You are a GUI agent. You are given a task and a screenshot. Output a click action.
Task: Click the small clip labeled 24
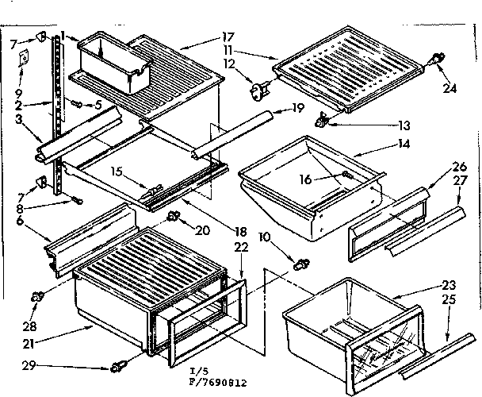(436, 58)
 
